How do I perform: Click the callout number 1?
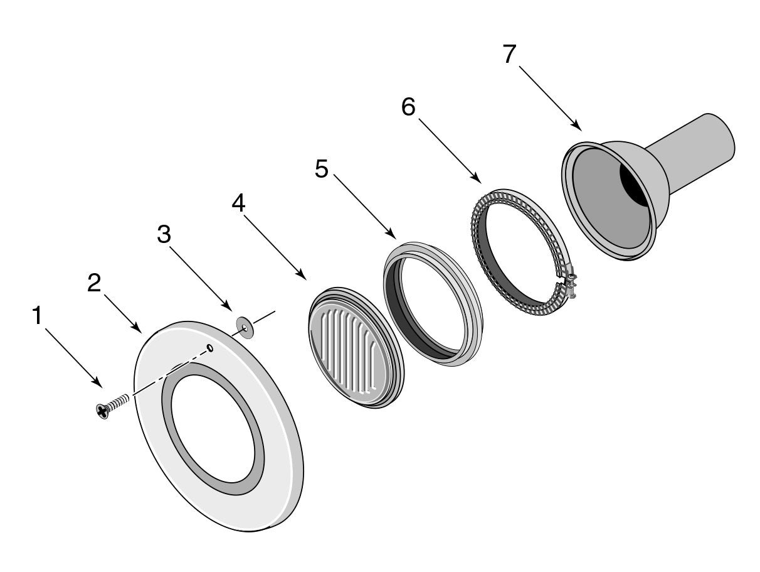(37, 315)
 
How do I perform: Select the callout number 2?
(94, 283)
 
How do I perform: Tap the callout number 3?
(164, 234)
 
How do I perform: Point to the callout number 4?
(238, 203)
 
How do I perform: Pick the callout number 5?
(322, 169)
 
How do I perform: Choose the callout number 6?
(408, 107)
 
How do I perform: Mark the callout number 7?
(510, 54)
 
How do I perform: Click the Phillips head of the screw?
(102, 411)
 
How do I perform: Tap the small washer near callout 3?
(245, 327)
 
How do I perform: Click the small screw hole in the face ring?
(210, 347)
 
